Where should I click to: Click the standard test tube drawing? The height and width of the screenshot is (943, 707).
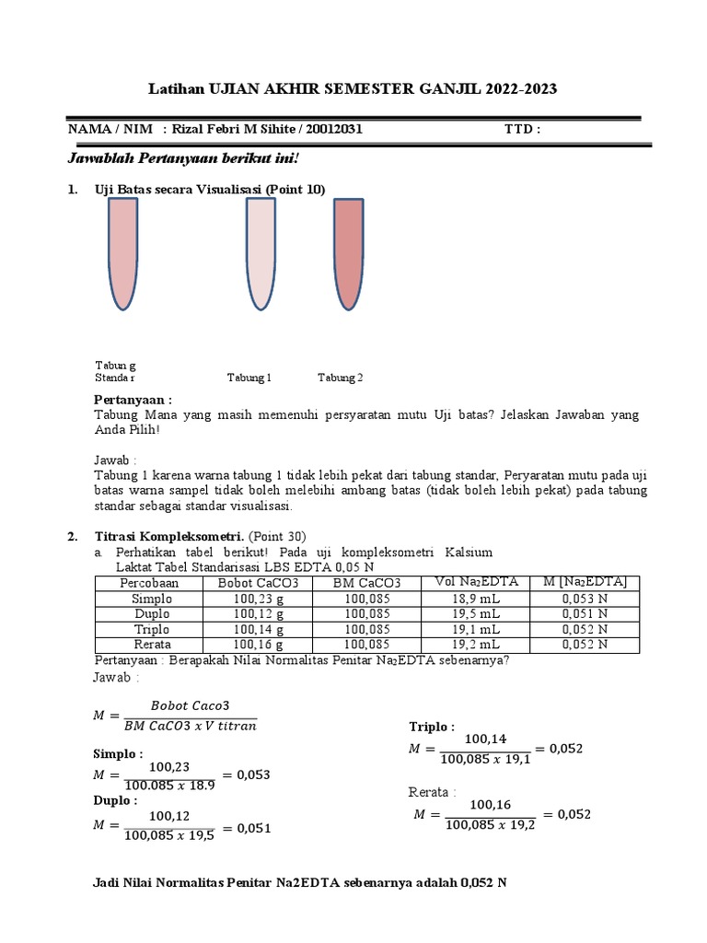[122, 254]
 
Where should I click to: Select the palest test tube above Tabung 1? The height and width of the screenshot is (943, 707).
[260, 254]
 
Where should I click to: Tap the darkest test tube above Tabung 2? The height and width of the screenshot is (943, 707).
[349, 254]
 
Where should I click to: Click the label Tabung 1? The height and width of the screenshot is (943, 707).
[249, 378]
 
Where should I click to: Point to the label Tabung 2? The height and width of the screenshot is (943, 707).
[341, 378]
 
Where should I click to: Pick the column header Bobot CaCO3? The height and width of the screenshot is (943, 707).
[255, 583]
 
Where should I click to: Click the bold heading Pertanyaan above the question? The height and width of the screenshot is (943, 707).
[133, 400]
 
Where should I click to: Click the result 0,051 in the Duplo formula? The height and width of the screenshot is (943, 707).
[253, 828]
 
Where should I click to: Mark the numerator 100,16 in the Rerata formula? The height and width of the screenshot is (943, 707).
[490, 804]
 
